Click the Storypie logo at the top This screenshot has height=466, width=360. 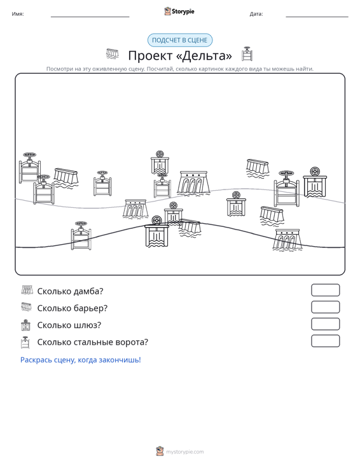(179, 11)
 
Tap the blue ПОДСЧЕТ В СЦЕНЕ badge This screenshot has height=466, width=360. (180, 40)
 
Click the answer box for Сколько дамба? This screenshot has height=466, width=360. (325, 290)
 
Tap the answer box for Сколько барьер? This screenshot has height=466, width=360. (325, 307)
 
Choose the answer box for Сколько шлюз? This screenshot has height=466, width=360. (325, 324)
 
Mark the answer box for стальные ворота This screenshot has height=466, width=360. (325, 341)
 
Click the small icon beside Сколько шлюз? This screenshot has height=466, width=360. (26, 325)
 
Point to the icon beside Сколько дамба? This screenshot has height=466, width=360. (27, 290)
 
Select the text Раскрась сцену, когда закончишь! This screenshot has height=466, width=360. (81, 360)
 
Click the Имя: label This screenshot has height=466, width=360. (18, 14)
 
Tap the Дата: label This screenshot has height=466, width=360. (256, 14)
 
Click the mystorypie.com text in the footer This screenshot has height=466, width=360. (185, 452)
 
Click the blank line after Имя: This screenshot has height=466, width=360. (90, 17)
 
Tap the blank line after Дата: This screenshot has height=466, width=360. (317, 17)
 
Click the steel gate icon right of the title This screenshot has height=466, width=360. (247, 54)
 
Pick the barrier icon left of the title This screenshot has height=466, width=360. (113, 54)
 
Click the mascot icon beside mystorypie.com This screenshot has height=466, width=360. (160, 451)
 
